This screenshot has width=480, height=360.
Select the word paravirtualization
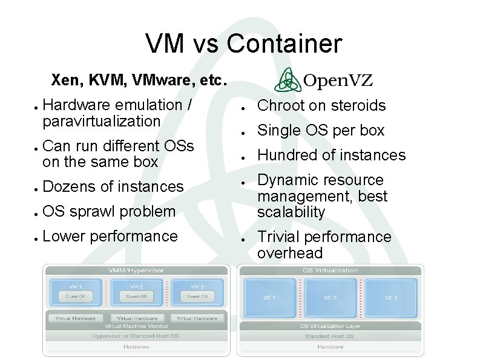pyautogui.click(x=102, y=121)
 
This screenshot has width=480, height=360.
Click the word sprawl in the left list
pyautogui.click(x=97, y=211)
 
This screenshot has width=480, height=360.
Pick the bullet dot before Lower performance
pyautogui.click(x=36, y=237)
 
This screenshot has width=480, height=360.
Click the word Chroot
pyautogui.click(x=281, y=106)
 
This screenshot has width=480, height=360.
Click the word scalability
pyautogui.click(x=291, y=212)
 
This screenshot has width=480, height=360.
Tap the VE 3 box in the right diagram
pyautogui.click(x=391, y=298)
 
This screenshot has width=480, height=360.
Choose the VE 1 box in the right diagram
pyautogui.click(x=269, y=298)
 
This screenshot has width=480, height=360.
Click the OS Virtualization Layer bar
pyautogui.click(x=330, y=326)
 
